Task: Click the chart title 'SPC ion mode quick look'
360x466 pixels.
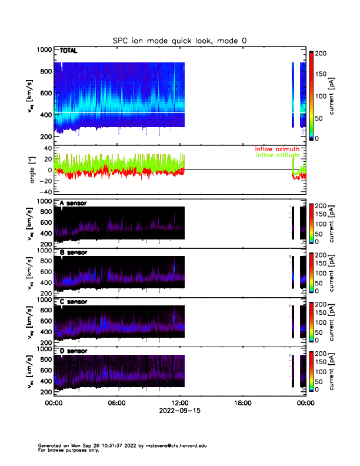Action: pos(179,40)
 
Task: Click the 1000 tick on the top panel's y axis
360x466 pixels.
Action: pos(44,51)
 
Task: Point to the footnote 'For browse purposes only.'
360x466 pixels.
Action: pos(66,450)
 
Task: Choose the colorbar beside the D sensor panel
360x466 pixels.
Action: pos(312,371)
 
